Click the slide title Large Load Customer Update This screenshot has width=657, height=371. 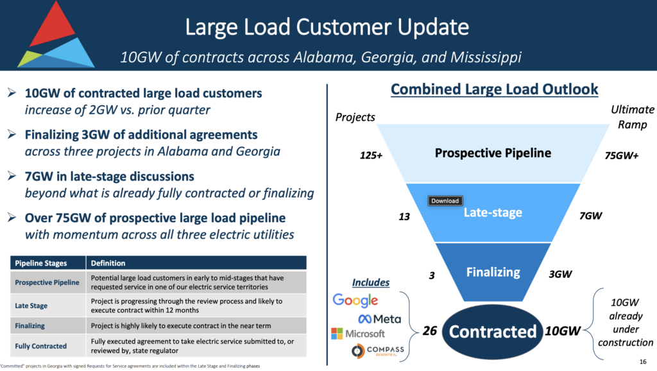[327, 28]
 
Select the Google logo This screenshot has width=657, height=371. [355, 300]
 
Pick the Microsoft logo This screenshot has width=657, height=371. [357, 334]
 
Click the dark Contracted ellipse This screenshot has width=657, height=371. [493, 331]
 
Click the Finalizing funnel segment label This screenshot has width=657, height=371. [493, 272]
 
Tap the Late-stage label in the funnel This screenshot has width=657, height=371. [493, 212]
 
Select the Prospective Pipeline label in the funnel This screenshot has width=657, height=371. [493, 153]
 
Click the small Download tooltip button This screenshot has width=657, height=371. [445, 201]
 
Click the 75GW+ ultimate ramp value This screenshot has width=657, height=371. [622, 155]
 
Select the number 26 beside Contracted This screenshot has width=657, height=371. [431, 331]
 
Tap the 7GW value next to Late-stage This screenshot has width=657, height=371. [590, 216]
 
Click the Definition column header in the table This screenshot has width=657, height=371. [108, 263]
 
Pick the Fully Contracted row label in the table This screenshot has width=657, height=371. [41, 346]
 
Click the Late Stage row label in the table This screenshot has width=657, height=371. [32, 306]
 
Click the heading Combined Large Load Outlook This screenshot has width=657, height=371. [494, 89]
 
